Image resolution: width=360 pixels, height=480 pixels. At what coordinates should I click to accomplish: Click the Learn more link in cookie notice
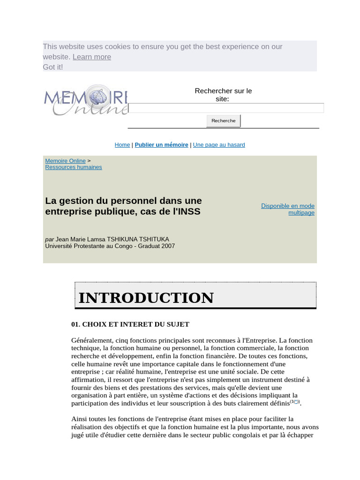click(x=92, y=57)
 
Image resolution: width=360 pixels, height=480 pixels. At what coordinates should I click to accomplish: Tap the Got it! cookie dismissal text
click(x=53, y=67)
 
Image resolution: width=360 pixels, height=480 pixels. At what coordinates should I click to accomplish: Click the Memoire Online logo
click(x=86, y=100)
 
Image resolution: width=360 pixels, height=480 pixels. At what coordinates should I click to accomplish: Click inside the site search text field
click(x=226, y=108)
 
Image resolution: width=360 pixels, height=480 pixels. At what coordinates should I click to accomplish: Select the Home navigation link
click(x=122, y=145)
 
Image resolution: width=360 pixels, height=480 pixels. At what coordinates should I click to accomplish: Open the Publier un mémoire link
click(x=161, y=145)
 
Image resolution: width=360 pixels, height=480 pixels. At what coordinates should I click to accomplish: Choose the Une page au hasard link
click(x=219, y=145)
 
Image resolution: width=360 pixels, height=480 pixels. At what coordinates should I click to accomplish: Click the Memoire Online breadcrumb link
click(x=65, y=161)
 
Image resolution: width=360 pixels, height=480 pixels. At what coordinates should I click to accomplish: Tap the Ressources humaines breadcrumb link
click(x=73, y=167)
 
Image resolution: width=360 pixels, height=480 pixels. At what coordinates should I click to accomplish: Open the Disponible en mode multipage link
click(x=288, y=209)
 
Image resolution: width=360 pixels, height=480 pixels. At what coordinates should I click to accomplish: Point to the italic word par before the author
click(x=49, y=240)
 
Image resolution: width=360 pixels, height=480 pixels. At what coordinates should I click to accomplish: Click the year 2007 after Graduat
click(x=167, y=246)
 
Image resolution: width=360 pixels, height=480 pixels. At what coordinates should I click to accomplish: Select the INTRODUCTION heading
click(x=146, y=298)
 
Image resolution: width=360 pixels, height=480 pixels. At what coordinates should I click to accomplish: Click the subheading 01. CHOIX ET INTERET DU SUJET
click(x=130, y=324)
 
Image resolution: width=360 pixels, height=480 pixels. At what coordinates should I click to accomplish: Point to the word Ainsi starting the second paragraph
click(x=80, y=419)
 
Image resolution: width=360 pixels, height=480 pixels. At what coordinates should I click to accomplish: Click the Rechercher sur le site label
click(x=223, y=95)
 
